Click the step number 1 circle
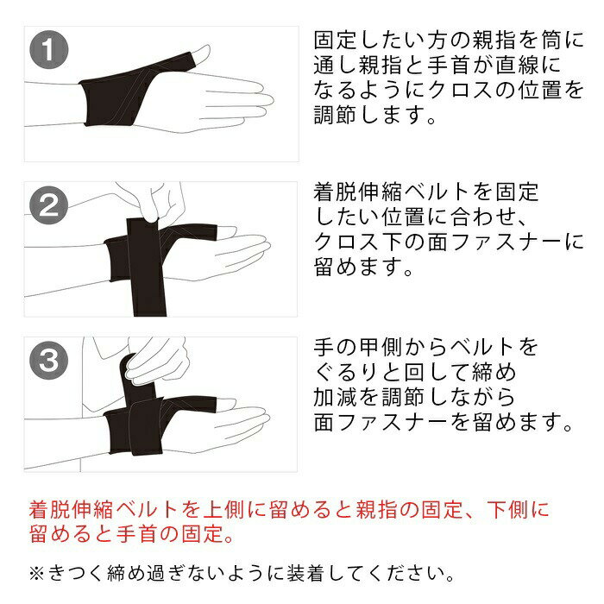coord(49,50)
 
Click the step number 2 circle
coord(49,205)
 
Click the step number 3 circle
coord(49,361)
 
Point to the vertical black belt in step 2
coord(147,267)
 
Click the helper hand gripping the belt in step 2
coord(158,202)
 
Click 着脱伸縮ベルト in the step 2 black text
coord(392,192)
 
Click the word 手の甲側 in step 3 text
coord(357,347)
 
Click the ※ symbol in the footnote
coord(36,574)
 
